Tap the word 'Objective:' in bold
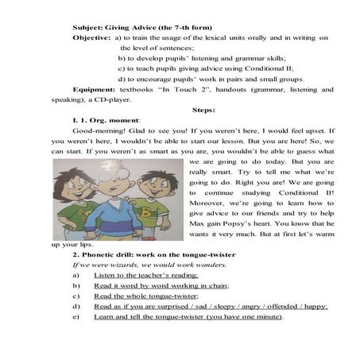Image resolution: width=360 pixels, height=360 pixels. [x=91, y=38]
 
